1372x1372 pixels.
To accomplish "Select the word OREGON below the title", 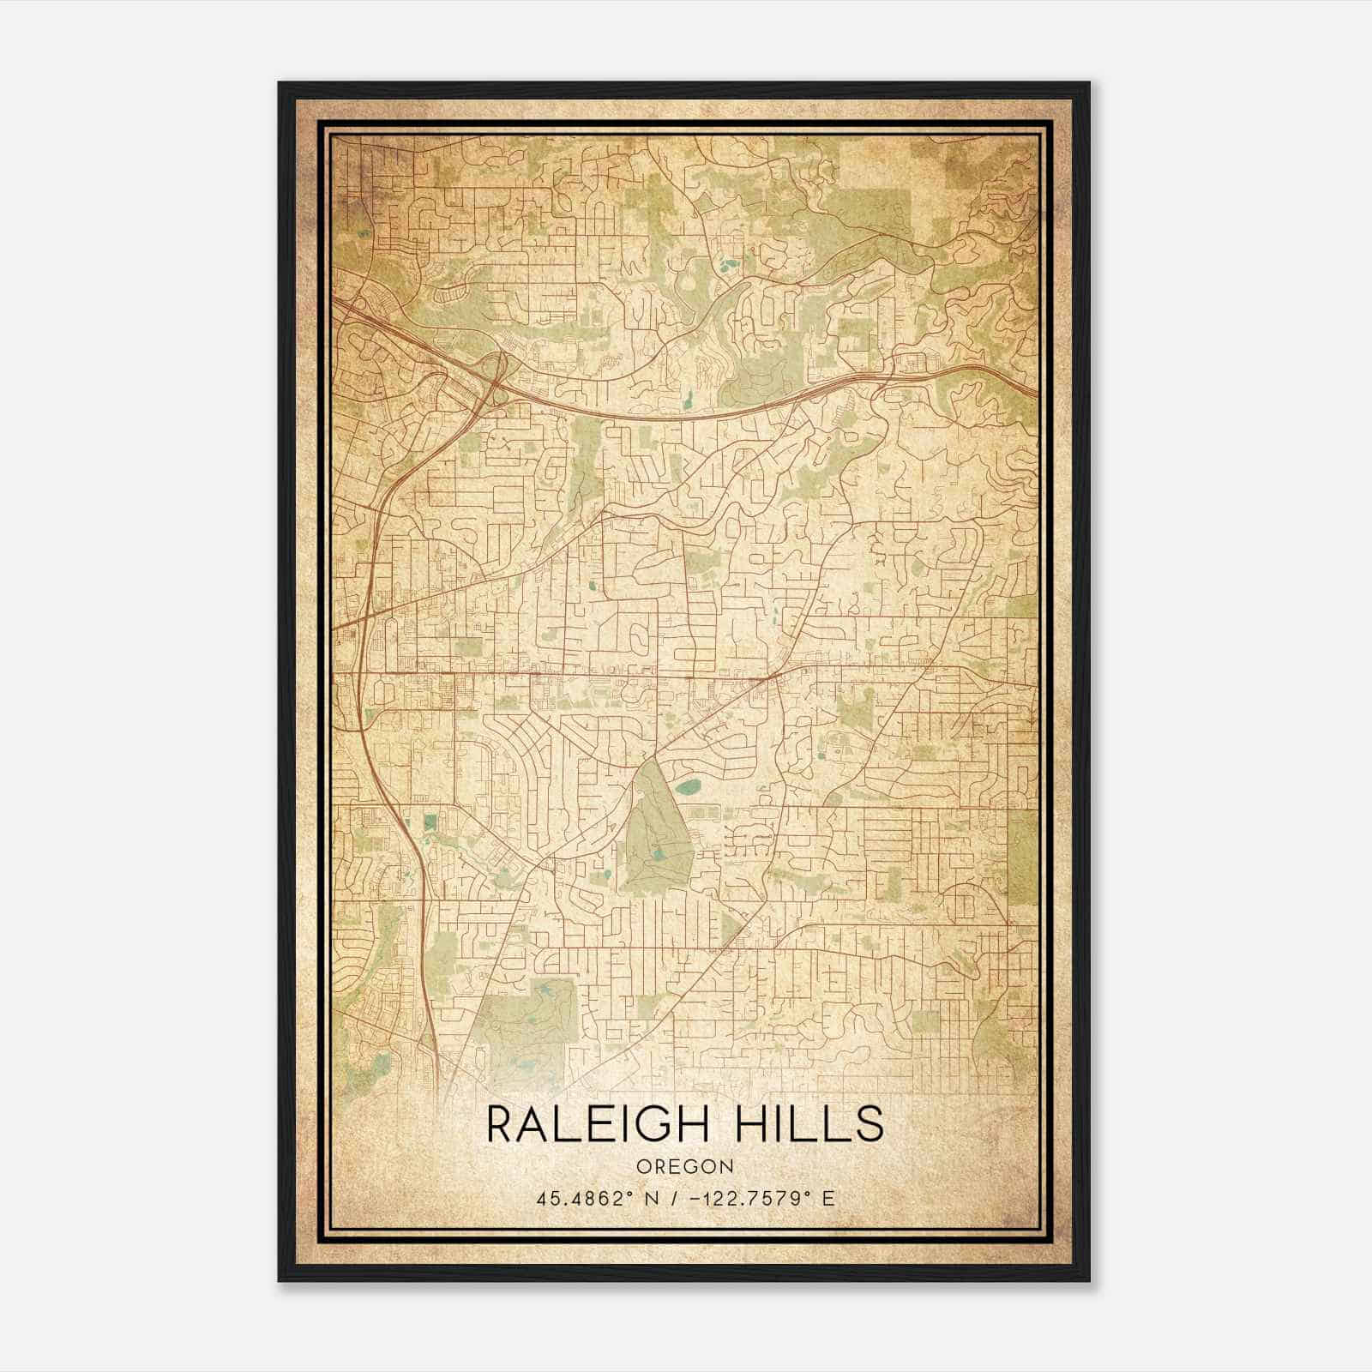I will (685, 1167).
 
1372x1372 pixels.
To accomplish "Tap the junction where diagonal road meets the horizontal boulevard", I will (771, 677).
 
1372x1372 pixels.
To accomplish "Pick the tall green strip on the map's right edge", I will (1022, 857).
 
